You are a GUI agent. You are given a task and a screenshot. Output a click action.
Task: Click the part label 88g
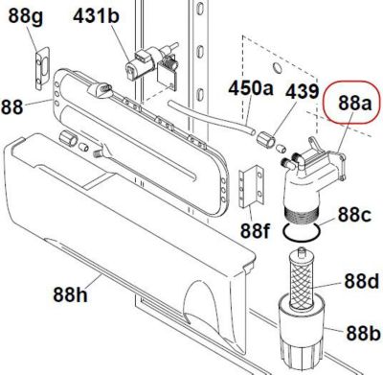pyautogui.click(x=25, y=16)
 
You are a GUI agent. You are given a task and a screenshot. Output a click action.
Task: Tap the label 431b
pyautogui.click(x=96, y=15)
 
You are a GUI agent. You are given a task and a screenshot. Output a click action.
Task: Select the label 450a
pyautogui.click(x=251, y=87)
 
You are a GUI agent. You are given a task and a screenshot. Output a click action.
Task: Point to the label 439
pyautogui.click(x=302, y=91)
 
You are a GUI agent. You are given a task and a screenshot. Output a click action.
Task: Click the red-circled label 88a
pyautogui.click(x=355, y=103)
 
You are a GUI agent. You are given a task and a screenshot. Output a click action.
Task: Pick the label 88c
pyautogui.click(x=354, y=215)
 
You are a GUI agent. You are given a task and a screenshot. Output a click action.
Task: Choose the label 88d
pyautogui.click(x=361, y=281)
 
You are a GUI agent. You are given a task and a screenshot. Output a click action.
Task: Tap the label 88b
pyautogui.click(x=363, y=334)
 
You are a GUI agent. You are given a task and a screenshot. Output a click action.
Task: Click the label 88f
pyautogui.click(x=256, y=230)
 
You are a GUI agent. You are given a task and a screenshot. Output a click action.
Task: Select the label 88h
pyautogui.click(x=70, y=294)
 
